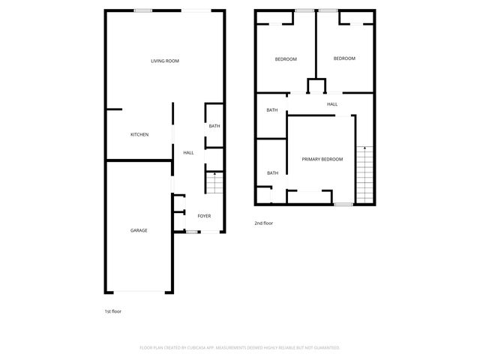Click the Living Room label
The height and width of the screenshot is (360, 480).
(x=164, y=61)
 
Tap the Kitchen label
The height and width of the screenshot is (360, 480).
(x=139, y=134)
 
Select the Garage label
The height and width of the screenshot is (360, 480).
(x=139, y=230)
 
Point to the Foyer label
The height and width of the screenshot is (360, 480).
(x=204, y=216)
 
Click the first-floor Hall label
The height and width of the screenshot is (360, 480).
(x=188, y=153)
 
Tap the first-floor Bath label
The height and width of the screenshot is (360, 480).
(x=214, y=126)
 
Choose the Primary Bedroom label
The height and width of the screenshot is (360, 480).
(x=322, y=159)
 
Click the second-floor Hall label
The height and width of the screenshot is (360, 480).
(x=331, y=104)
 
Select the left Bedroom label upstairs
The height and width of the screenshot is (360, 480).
(x=286, y=59)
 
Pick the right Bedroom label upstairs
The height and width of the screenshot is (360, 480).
(x=344, y=58)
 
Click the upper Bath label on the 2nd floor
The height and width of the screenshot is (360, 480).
(x=271, y=110)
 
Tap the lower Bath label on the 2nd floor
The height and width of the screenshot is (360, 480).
(x=272, y=173)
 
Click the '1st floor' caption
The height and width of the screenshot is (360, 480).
(x=112, y=310)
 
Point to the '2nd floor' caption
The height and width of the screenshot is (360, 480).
(x=263, y=223)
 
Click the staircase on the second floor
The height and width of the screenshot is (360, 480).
(x=364, y=173)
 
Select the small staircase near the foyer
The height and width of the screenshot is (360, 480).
(x=214, y=183)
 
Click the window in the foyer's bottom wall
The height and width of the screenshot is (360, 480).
(x=192, y=232)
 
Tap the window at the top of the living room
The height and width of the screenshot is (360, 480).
(x=143, y=10)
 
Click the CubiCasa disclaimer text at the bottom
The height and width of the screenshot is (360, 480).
(x=240, y=347)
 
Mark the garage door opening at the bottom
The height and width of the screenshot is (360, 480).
(x=139, y=292)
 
